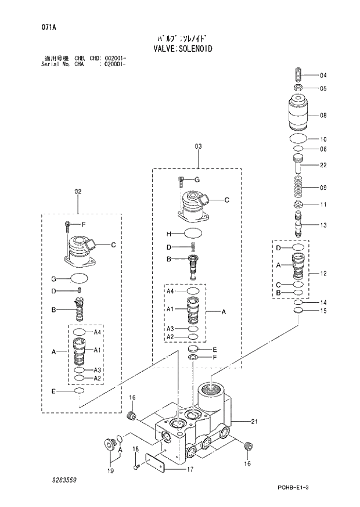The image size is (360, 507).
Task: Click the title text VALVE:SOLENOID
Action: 179,49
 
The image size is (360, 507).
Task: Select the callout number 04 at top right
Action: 323,75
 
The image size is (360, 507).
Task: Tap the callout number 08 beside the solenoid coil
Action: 323,116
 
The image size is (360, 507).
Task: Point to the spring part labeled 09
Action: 300,188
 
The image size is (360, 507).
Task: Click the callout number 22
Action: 323,166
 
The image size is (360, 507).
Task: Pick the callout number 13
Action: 323,225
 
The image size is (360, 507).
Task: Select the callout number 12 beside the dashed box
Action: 323,273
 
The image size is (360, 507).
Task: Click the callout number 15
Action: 323,311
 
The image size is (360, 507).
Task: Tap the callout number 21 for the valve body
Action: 254,421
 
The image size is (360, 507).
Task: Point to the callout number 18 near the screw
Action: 135,450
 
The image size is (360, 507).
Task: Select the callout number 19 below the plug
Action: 111,473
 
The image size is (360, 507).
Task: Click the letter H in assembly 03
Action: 168,233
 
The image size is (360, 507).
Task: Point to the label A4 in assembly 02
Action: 98,332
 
